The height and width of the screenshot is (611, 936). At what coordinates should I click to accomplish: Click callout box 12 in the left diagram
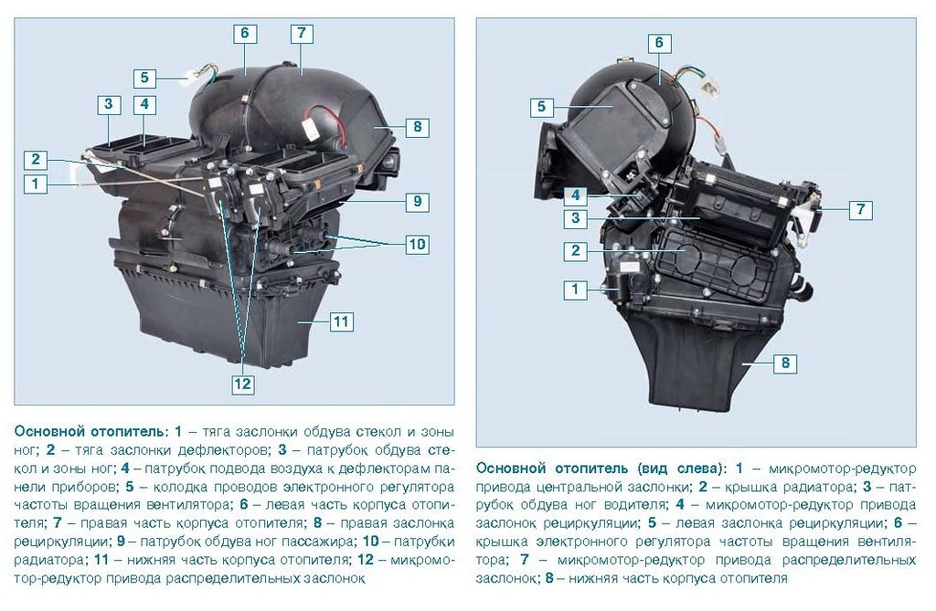tap(242, 383)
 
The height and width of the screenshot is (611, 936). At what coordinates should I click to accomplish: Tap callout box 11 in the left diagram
tap(341, 322)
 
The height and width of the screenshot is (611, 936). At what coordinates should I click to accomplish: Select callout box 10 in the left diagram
tap(417, 244)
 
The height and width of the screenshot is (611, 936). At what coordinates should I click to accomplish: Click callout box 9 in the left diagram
tap(417, 201)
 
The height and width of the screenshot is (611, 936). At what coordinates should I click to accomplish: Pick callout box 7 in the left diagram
tap(302, 33)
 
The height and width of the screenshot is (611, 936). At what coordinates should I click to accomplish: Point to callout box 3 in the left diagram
tap(109, 104)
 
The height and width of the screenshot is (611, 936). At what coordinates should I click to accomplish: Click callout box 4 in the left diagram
tap(144, 104)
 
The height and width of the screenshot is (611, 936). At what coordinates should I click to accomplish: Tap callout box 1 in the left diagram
tap(36, 183)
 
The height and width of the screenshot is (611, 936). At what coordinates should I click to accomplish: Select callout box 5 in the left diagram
tap(144, 78)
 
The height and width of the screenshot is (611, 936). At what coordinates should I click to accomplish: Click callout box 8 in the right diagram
tap(785, 363)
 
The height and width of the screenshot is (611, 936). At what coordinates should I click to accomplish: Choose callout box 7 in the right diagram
tap(860, 209)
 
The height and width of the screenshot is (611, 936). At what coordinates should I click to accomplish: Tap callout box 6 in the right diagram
tap(659, 42)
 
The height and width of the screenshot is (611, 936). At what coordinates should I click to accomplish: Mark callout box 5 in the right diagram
tap(541, 107)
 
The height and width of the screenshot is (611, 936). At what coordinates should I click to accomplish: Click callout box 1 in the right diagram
tap(576, 290)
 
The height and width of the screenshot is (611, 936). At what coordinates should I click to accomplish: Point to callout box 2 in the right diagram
tap(576, 250)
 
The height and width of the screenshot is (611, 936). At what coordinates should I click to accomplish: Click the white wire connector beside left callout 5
tap(191, 75)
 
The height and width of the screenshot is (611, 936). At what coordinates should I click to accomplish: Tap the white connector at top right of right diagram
tap(711, 87)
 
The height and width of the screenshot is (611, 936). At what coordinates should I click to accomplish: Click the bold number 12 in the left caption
tap(365, 560)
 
